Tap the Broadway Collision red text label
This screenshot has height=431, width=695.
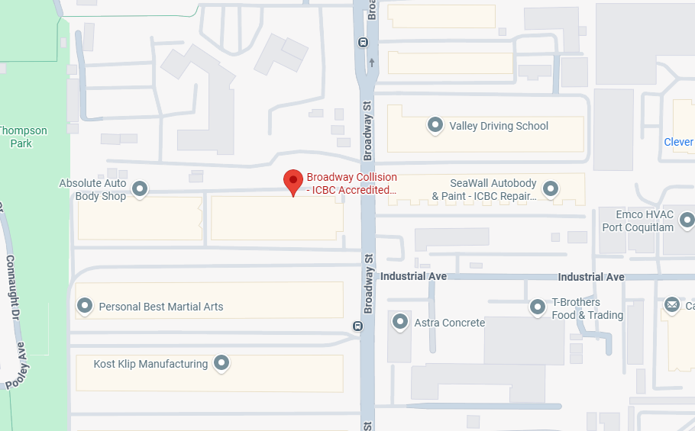351,184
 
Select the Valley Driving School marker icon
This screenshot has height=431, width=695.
435,125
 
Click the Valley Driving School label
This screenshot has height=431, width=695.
499,126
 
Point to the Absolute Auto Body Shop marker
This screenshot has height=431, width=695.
140,188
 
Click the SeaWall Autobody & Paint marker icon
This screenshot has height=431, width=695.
550,188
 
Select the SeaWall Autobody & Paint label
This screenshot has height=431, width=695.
484,190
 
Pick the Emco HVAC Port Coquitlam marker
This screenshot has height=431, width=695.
687,220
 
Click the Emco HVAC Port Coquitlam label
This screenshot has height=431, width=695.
638,221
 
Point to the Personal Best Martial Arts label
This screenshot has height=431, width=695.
161,307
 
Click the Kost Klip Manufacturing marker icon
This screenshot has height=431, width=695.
221,363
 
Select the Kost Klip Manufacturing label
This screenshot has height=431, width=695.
150,364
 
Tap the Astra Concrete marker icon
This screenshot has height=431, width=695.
399,322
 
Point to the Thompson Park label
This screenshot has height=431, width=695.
22,137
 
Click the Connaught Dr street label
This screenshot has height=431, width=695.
11,286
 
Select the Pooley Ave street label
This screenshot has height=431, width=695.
17,370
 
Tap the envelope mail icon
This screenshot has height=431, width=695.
672,306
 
